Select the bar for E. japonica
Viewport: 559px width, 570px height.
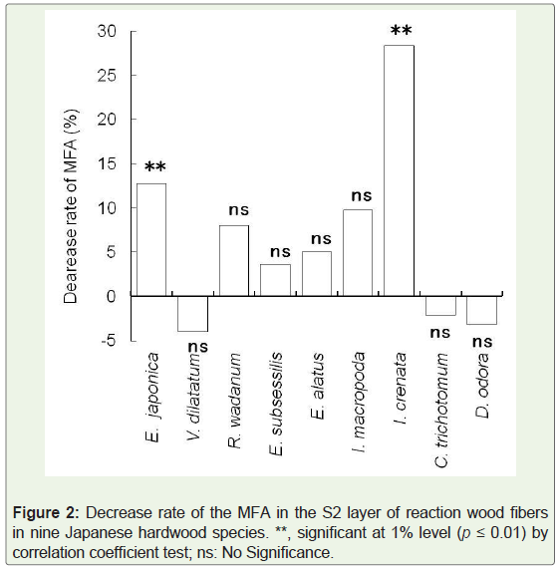tap(151, 239)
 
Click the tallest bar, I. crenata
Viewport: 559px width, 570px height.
tap(399, 170)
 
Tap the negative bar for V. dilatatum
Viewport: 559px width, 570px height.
tap(192, 314)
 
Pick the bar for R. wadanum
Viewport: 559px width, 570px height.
tap(234, 261)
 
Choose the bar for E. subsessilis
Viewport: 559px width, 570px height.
tap(275, 280)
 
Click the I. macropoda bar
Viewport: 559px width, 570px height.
tap(358, 253)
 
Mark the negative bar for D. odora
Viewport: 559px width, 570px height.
tap(481, 310)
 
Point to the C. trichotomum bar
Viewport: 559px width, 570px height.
tap(440, 306)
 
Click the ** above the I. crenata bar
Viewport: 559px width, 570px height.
tap(402, 30)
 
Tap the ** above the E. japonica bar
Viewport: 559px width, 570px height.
tap(155, 166)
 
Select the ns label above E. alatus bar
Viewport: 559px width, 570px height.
tap(321, 239)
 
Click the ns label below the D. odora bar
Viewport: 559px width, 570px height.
tap(482, 342)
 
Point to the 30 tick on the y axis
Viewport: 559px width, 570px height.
tap(107, 31)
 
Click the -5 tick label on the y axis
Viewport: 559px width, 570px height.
tap(109, 340)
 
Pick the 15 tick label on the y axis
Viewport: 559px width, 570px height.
tap(107, 163)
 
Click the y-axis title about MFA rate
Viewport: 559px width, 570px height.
tap(71, 206)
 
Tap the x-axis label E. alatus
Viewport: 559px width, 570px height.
tap(317, 386)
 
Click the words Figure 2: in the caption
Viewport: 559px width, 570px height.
tap(46, 513)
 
